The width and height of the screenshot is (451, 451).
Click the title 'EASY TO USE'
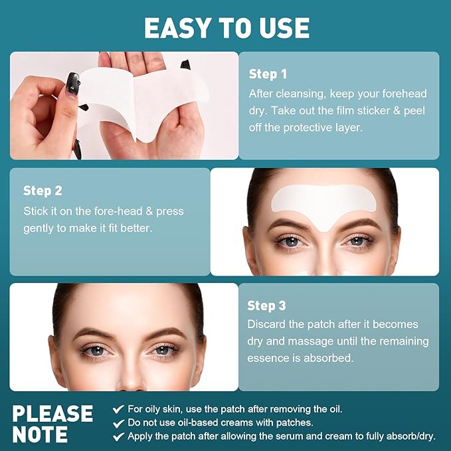pyautogui.click(x=226, y=28)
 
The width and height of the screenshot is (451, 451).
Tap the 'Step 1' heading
pyautogui.click(x=268, y=74)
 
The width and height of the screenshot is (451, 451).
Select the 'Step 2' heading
pyautogui.click(x=43, y=191)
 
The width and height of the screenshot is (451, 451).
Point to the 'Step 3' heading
pyautogui.click(x=266, y=306)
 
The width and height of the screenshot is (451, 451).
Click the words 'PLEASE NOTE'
pyautogui.click(x=52, y=424)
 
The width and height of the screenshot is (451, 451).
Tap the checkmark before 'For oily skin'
pyautogui.click(x=118, y=409)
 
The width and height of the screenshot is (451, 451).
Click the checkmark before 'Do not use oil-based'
pyautogui.click(x=118, y=422)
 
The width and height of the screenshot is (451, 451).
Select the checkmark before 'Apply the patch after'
pyautogui.click(x=118, y=436)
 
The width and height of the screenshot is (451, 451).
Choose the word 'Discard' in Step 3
pyautogui.click(x=268, y=324)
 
